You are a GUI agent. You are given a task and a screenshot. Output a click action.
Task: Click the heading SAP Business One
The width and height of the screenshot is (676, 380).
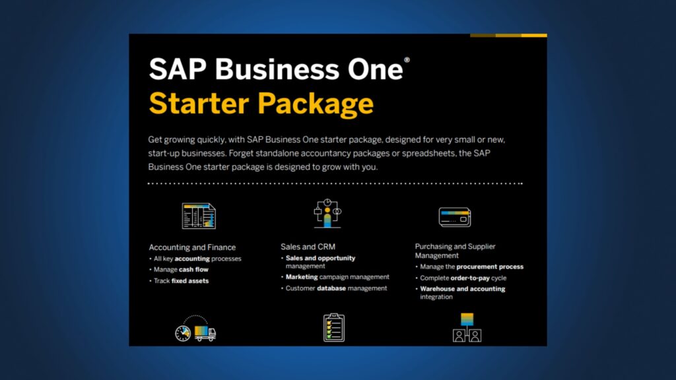pos(275,69)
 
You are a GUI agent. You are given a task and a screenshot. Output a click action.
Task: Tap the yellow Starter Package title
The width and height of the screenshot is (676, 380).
pos(261,104)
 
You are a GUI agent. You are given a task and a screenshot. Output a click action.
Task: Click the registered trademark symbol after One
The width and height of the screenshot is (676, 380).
pos(407,59)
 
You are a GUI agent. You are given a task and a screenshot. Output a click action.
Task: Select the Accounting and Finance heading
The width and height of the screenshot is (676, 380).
pos(192,247)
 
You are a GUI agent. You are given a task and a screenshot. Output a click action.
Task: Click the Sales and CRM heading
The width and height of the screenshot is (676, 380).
pos(308,247)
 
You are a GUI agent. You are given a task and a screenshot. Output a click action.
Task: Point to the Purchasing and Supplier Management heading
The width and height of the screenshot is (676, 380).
pos(455,251)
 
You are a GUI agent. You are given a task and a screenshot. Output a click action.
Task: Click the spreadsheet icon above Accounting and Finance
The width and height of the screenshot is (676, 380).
pos(199,216)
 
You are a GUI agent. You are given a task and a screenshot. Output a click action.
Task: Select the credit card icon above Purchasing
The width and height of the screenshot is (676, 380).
pos(454,216)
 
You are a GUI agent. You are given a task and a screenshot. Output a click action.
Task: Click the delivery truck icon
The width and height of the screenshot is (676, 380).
pos(196,329)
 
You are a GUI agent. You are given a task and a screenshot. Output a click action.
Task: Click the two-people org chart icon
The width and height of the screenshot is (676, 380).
pos(467,327)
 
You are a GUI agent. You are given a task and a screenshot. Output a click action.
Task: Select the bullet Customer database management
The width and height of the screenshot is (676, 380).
pos(336,288)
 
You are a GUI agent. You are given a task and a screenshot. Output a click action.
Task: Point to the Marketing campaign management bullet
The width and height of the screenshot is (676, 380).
pos(337,277)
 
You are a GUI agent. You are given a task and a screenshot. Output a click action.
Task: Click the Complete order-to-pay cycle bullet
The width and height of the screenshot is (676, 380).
pos(463,278)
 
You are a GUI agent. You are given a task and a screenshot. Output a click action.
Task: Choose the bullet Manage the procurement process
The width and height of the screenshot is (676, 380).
pos(471,267)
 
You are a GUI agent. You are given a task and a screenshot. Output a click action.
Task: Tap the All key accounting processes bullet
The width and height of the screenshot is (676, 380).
pos(198,259)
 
